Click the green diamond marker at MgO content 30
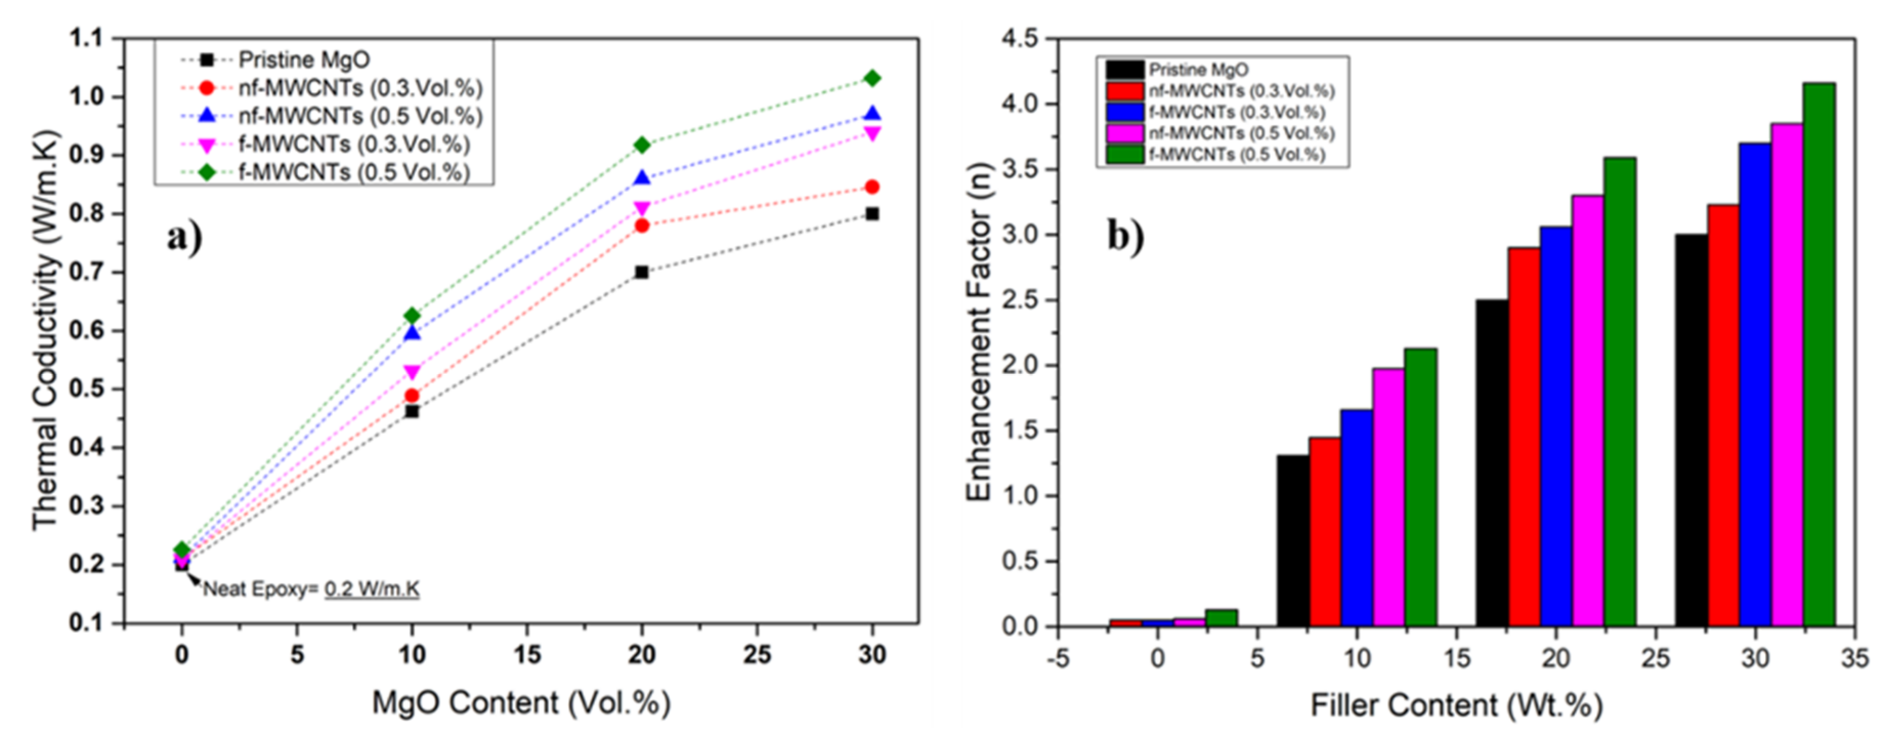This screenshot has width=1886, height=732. (x=871, y=78)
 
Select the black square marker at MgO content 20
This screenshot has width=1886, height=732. (x=641, y=272)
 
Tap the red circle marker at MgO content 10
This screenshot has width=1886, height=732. (x=412, y=396)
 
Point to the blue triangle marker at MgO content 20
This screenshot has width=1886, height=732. (x=641, y=178)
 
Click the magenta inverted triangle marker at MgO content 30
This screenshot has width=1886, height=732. (x=871, y=133)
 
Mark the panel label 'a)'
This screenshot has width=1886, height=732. (x=184, y=237)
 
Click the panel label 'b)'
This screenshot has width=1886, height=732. (x=1125, y=237)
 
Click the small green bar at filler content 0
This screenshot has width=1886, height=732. (x=1221, y=618)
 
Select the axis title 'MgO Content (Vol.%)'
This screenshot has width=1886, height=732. (x=521, y=703)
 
